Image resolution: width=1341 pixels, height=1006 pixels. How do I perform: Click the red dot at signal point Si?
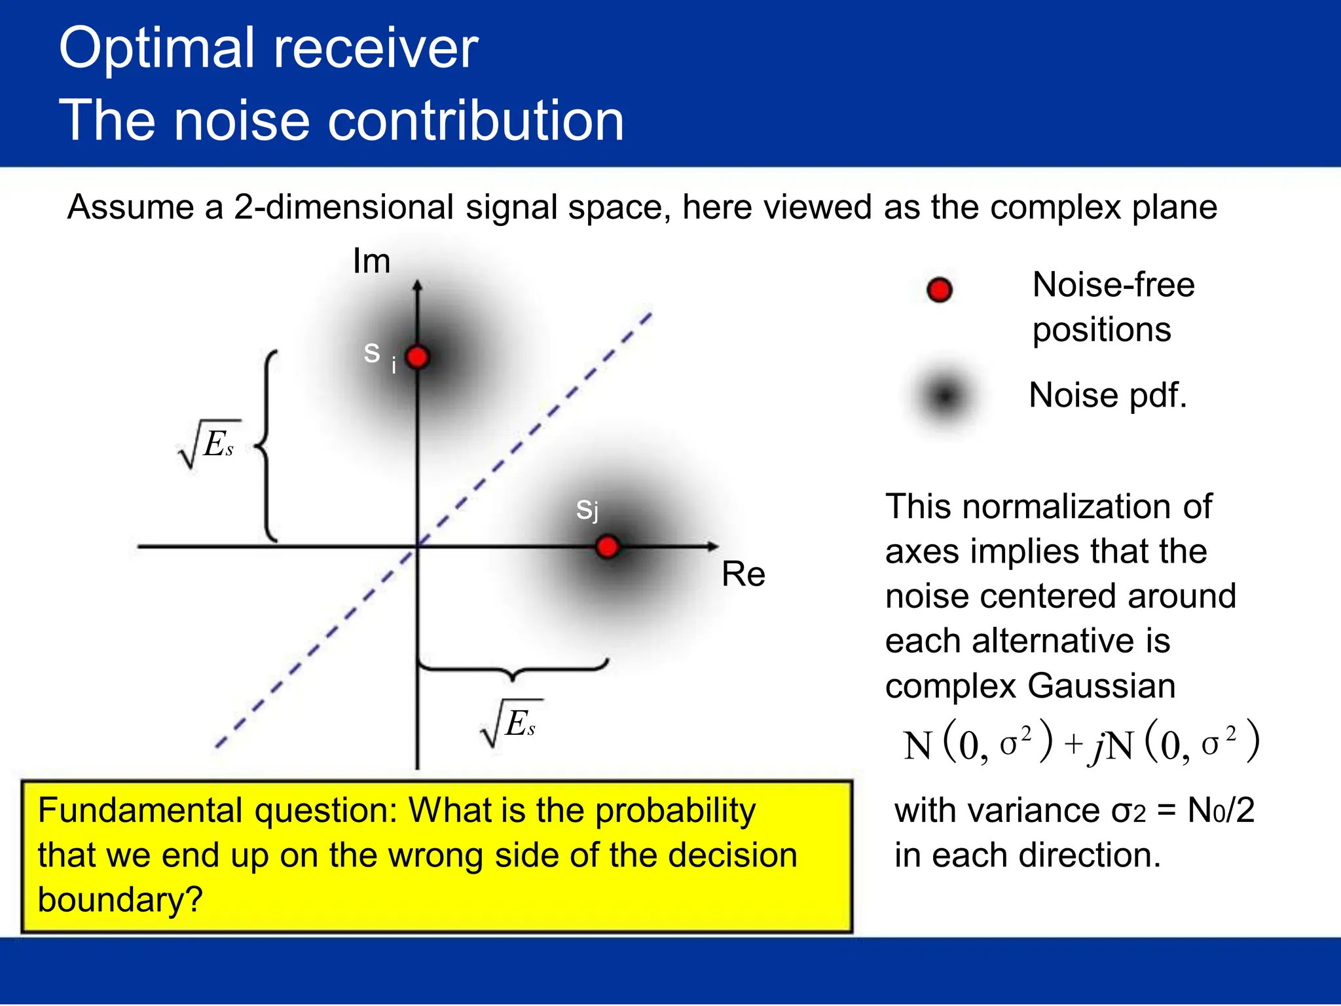click(x=417, y=358)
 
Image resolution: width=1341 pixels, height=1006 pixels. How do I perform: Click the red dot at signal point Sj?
click(x=608, y=547)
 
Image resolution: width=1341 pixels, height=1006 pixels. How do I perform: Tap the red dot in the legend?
click(x=940, y=289)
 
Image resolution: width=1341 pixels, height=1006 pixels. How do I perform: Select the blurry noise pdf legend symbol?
click(x=946, y=396)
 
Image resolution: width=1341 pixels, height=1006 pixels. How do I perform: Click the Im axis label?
click(x=371, y=261)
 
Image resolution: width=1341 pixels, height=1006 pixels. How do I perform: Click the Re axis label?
click(x=743, y=574)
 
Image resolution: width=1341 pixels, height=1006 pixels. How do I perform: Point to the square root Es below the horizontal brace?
click(x=511, y=724)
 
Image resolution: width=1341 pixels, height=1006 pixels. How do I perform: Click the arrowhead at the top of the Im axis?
click(x=418, y=285)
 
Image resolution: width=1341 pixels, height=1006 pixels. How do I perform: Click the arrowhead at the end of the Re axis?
click(x=713, y=546)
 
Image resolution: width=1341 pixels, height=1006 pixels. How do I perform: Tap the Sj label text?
click(x=587, y=510)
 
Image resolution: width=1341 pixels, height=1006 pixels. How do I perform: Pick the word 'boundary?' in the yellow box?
click(x=120, y=900)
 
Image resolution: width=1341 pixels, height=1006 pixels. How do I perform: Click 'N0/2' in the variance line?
click(x=1221, y=811)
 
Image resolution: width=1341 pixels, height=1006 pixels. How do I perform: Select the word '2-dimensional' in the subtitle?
click(x=344, y=207)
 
